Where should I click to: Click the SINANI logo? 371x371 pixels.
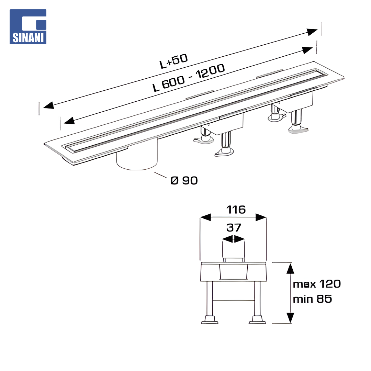(28, 27)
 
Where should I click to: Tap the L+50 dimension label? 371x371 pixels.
(174, 61)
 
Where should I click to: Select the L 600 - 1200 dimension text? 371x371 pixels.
(189, 78)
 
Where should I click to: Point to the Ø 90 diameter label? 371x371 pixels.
(184, 181)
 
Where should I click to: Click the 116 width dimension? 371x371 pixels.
(236, 210)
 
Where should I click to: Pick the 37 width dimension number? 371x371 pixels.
(234, 228)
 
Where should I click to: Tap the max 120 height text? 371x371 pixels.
(317, 284)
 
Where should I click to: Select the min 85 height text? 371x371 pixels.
(312, 299)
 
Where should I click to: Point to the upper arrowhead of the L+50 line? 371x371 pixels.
(312, 32)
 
